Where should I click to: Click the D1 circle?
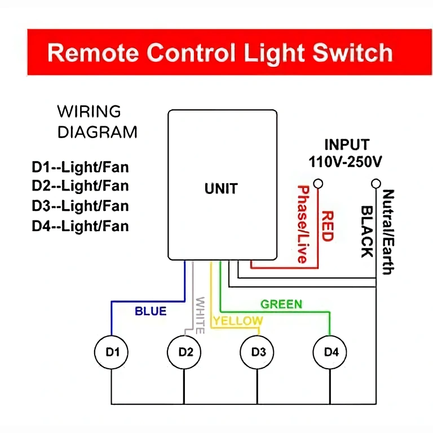pyautogui.click(x=112, y=352)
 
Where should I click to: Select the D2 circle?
pyautogui.click(x=185, y=352)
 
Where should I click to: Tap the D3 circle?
pyautogui.click(x=258, y=352)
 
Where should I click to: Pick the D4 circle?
pyautogui.click(x=331, y=352)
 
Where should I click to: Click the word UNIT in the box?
pyautogui.click(x=221, y=189)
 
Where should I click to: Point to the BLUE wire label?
pyautogui.click(x=151, y=311)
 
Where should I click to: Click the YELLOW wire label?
pyautogui.click(x=237, y=321)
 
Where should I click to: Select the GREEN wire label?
pyautogui.click(x=281, y=304)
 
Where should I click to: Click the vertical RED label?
pyautogui.click(x=327, y=226)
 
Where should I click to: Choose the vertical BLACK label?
pyautogui.click(x=366, y=231)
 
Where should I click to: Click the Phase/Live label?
pyautogui.click(x=303, y=224)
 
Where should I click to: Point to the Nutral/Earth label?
pyautogui.click(x=387, y=232)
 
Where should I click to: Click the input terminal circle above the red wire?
pyautogui.click(x=319, y=184)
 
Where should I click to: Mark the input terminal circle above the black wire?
pyautogui.click(x=375, y=184)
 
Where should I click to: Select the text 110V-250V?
pyautogui.click(x=346, y=162)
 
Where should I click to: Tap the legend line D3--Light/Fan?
pyautogui.click(x=80, y=206)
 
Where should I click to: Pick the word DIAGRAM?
pyautogui.click(x=98, y=132)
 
